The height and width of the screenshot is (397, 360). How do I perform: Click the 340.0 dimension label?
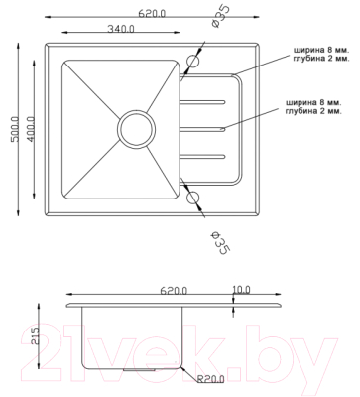tap(121, 29)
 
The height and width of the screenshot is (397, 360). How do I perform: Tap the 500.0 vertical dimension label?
tap(15, 129)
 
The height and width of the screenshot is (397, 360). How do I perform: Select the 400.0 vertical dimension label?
tap(31, 129)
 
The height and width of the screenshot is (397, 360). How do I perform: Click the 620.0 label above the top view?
tap(152, 14)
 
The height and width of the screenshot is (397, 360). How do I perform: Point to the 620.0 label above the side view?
tap(174, 291)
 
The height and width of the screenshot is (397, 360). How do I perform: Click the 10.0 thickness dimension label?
tap(241, 290)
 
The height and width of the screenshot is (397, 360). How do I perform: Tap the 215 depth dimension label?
tap(34, 335)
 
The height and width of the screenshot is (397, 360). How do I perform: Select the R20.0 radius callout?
tap(211, 379)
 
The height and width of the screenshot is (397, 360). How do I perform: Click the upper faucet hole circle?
tap(193, 62)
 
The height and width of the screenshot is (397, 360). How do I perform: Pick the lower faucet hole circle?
tap(193, 198)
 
